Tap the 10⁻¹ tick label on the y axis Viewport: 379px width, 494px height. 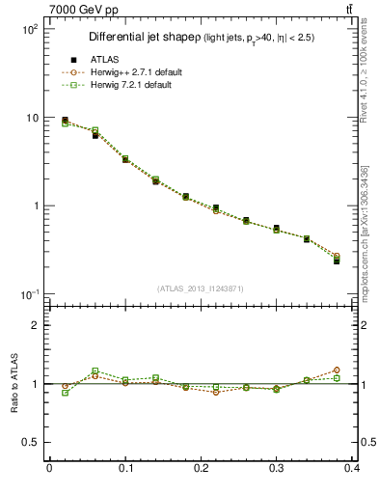click(29, 293)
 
